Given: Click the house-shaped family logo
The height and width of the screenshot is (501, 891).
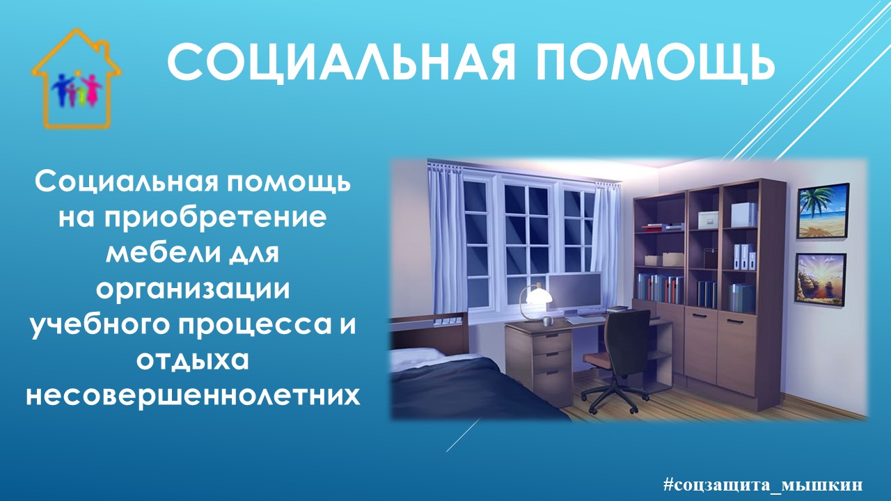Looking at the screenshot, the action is (76, 79).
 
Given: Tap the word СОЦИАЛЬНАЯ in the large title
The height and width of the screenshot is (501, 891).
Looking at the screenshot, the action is (341, 63).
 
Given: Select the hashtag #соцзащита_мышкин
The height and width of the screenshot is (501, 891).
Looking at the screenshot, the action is (763, 484).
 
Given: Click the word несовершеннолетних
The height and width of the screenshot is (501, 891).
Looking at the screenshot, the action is (193, 395).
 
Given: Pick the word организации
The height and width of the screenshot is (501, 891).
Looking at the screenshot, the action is (193, 289).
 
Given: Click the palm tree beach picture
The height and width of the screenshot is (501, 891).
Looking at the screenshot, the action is (823, 211).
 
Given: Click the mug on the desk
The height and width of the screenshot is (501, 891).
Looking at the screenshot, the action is (549, 321).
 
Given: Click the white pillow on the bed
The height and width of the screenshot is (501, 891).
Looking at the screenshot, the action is (418, 357).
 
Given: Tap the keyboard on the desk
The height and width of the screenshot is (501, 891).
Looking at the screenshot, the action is (584, 319).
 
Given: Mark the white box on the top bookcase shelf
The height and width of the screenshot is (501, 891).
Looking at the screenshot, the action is (743, 215).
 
